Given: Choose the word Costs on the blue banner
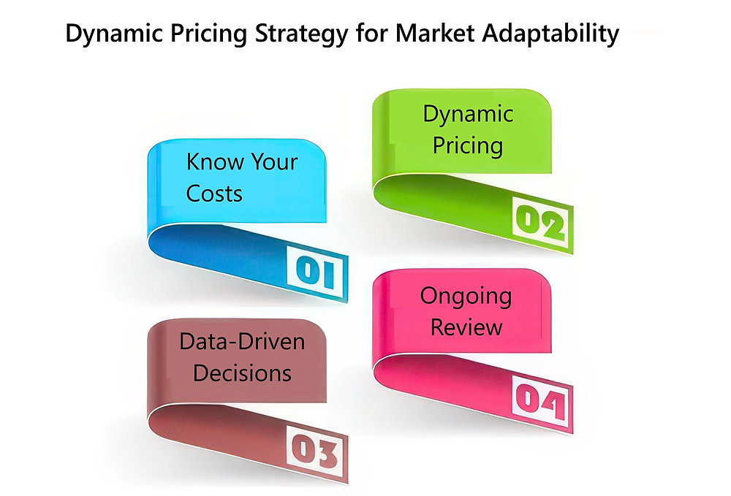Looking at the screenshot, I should coord(214,193).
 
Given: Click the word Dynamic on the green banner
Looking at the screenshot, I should coord(468,114).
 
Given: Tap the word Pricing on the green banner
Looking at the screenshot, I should coord(468,145).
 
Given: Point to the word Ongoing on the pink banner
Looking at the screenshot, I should coord(466,296).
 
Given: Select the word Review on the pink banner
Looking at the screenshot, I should coord(466,327).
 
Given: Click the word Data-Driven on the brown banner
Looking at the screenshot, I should coord(242,341).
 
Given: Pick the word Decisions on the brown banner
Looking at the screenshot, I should coord(242,373).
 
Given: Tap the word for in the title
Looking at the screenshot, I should coord(371,34).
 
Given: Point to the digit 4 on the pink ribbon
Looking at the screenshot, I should coord(553,404).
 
